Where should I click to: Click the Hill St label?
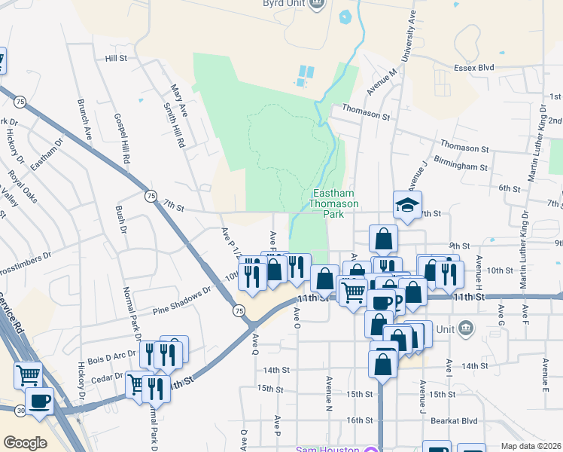point(117,58)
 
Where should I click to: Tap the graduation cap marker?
point(407,205)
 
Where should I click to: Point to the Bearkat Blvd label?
point(460,421)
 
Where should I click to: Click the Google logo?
point(24,442)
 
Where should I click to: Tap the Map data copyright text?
point(531,446)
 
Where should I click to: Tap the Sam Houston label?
point(327,450)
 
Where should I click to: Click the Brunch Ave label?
point(85,122)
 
